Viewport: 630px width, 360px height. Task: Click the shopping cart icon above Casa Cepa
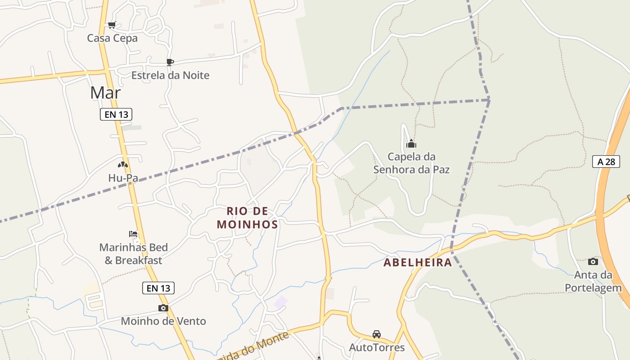coord(112,25)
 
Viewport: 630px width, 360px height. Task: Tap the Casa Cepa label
coord(112,38)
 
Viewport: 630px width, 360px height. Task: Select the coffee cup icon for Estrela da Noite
coord(170,62)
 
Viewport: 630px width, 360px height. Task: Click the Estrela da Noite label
coord(170,75)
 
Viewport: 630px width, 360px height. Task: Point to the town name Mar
coord(105,93)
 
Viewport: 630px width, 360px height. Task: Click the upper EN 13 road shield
coord(117,114)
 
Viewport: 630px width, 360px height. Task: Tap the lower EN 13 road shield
coord(158,288)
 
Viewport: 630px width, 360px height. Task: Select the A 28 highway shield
coord(606,162)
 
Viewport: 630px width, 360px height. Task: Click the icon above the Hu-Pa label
coord(123,165)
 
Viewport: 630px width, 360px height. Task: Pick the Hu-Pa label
coord(123,178)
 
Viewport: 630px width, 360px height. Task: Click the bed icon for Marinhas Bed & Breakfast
coord(133,234)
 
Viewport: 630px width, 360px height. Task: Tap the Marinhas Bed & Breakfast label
coord(133,254)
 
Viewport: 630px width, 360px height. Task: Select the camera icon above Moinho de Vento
coord(163,308)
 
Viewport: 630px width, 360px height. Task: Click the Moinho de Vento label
coord(163,321)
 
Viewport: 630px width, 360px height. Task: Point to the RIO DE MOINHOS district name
coord(247,217)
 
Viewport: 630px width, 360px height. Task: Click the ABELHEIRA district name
coord(418,263)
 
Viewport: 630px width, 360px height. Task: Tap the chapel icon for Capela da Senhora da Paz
coord(411,144)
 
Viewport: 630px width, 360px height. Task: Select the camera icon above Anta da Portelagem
coord(593,261)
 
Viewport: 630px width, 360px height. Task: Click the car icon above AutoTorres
coord(377,334)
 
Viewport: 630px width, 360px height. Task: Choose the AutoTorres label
coord(377,347)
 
